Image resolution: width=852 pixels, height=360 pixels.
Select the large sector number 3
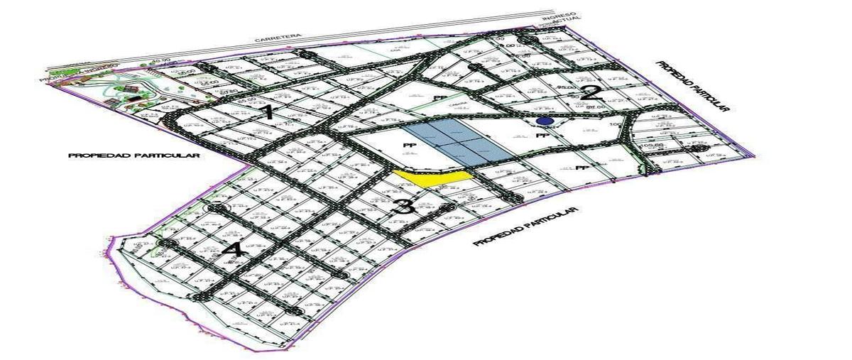click(403, 208)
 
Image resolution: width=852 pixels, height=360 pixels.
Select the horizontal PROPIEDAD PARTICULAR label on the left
click(134, 155)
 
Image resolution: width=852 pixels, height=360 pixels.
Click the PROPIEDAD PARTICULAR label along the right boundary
click(692, 84)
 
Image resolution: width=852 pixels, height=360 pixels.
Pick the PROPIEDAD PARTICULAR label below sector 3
click(526, 227)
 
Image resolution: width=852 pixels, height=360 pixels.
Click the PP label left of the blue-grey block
click(408, 145)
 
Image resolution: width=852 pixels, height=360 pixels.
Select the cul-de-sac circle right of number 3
click(447, 207)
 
